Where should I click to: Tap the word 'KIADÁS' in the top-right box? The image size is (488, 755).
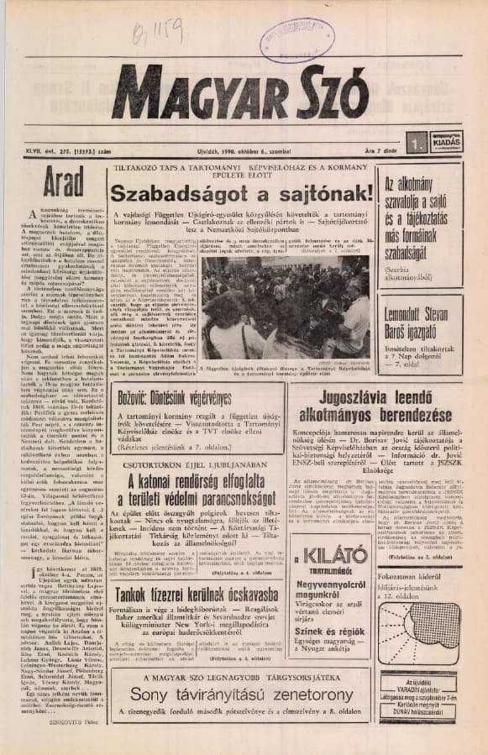coord(446,141)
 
